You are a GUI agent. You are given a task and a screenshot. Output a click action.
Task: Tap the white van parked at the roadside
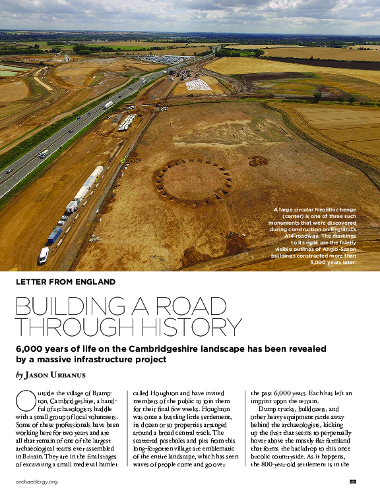tap(44, 254)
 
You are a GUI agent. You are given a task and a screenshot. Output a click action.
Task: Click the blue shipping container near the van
tap(54, 235)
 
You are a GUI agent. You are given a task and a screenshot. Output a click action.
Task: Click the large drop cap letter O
tap(22, 399)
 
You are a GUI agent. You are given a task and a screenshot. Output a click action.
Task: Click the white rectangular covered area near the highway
tap(198, 84)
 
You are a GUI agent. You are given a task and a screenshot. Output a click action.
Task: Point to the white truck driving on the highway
tap(108, 105)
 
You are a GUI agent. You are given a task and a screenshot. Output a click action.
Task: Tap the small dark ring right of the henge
tap(258, 161)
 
